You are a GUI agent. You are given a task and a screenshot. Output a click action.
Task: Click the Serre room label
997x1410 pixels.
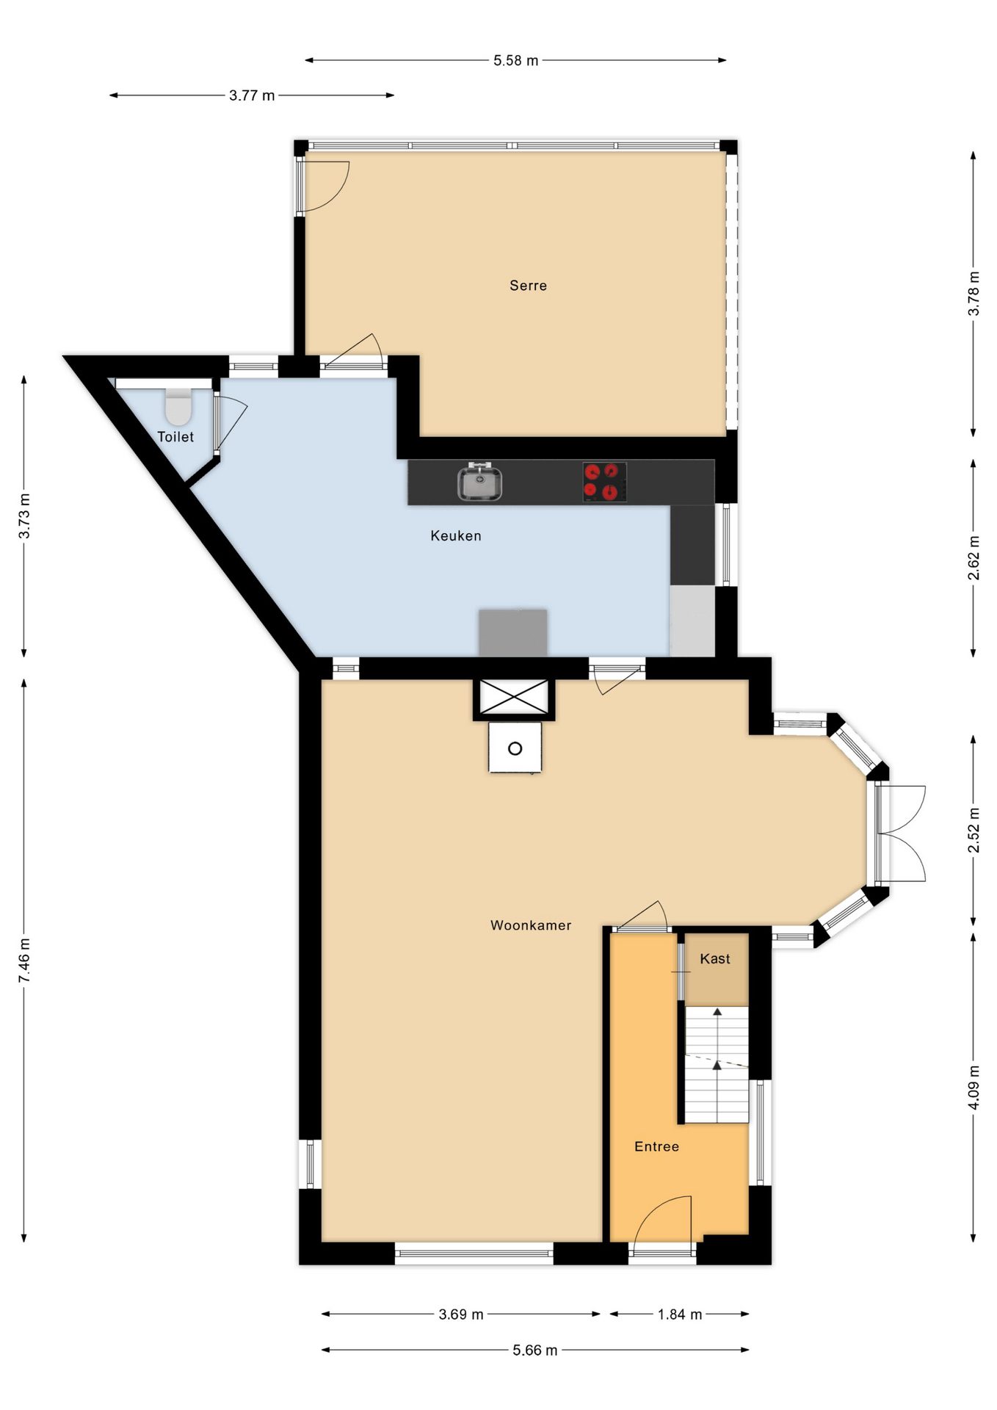528,286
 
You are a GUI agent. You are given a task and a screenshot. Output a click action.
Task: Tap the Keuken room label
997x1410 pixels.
456,536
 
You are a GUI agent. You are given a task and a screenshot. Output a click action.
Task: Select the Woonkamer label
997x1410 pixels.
531,925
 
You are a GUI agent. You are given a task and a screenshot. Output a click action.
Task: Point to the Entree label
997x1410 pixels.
656,1146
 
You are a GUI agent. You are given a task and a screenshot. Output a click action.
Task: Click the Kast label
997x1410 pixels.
715,958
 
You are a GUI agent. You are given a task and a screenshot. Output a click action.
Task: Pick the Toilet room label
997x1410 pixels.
175,437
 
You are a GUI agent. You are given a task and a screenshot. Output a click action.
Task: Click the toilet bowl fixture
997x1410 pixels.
178,406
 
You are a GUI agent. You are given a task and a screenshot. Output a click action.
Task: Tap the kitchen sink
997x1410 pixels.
480,482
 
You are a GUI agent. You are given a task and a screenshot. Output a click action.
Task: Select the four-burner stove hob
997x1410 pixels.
604,482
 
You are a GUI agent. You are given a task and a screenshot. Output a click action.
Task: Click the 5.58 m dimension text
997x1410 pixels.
515,60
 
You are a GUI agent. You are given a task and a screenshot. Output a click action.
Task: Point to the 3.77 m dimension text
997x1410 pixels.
252,95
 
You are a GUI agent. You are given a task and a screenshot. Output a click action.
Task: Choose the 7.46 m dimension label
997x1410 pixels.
25,960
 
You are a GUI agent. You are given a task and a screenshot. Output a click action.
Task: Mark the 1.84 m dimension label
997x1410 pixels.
680,1314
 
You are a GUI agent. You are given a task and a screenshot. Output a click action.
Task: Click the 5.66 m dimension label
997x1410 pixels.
535,1350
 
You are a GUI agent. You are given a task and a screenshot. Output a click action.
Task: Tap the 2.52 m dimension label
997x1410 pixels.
974,831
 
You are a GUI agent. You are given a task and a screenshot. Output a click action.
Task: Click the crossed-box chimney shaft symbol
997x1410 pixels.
514,697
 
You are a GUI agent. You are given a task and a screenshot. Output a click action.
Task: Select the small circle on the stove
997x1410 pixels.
515,748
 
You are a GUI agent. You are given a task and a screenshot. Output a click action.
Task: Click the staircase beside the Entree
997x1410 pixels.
717,1064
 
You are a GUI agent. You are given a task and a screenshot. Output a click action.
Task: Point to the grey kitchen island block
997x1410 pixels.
513,632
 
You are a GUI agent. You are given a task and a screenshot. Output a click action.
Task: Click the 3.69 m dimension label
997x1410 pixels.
461,1314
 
